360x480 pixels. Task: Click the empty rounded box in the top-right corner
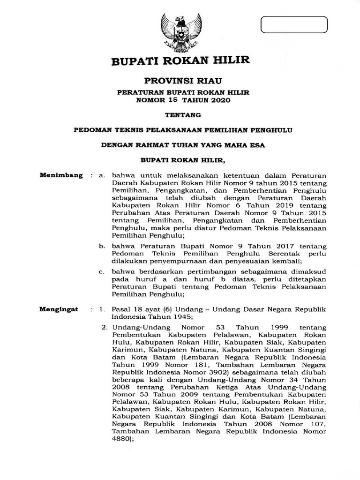click(x=294, y=25)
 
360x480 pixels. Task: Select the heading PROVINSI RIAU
click(x=180, y=82)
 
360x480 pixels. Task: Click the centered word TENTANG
click(x=181, y=114)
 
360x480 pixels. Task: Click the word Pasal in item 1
click(x=121, y=310)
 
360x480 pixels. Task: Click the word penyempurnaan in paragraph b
click(x=167, y=261)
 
